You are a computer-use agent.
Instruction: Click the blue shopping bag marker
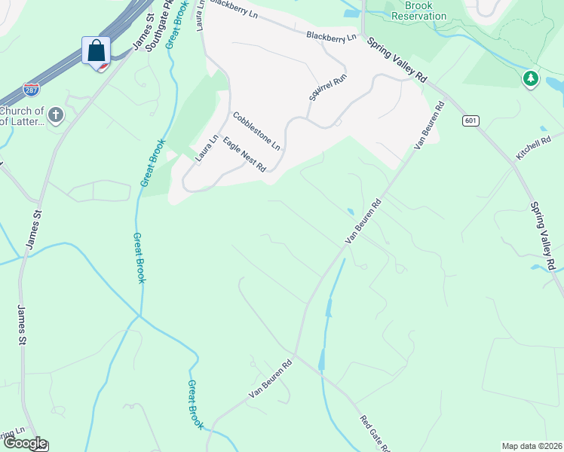pos(96,51)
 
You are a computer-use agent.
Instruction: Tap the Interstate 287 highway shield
pos(32,90)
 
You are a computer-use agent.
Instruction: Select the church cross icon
pos(55,115)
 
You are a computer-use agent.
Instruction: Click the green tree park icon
pos(531,78)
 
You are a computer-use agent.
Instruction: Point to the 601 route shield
pos(471,121)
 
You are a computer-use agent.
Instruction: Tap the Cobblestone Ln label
pos(256,130)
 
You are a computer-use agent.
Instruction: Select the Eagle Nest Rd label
pos(244,155)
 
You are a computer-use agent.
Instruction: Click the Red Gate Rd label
pos(374,432)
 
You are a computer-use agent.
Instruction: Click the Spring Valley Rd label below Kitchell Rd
pos(543,236)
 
